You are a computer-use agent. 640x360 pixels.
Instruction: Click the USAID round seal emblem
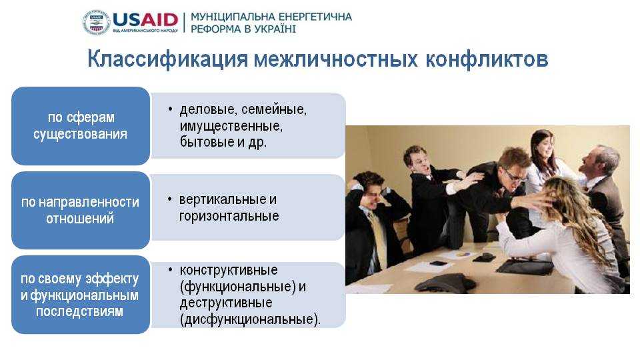pos(96,23)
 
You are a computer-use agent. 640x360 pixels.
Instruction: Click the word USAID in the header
pos(145,19)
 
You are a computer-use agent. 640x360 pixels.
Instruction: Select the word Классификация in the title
pos(168,59)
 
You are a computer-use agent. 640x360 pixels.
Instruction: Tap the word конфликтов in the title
pos(487,59)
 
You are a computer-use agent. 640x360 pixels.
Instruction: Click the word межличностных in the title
pos(336,59)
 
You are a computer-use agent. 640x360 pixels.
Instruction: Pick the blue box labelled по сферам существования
pos(81,126)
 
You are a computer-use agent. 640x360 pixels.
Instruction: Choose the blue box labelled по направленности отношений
pos(81,210)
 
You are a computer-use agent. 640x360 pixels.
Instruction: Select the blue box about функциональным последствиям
pos(81,295)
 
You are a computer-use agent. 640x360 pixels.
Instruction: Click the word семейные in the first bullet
pos(274,110)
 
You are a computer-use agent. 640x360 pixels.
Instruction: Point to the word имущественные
pos(231,126)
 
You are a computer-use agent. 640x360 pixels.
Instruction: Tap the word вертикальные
pos(223,199)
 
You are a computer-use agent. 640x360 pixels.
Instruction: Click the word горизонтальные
pos(229,216)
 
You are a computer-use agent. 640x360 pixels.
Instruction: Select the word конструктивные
pos(229,270)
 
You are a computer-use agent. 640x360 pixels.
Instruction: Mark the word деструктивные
pos(226,303)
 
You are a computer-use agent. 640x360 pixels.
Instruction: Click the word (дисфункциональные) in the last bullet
pos(250,319)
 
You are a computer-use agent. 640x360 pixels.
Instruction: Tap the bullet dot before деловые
pos(170,109)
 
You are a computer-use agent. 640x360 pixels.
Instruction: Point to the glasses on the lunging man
pos(515,176)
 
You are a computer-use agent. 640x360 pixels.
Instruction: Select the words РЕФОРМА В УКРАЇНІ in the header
pos(243,29)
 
